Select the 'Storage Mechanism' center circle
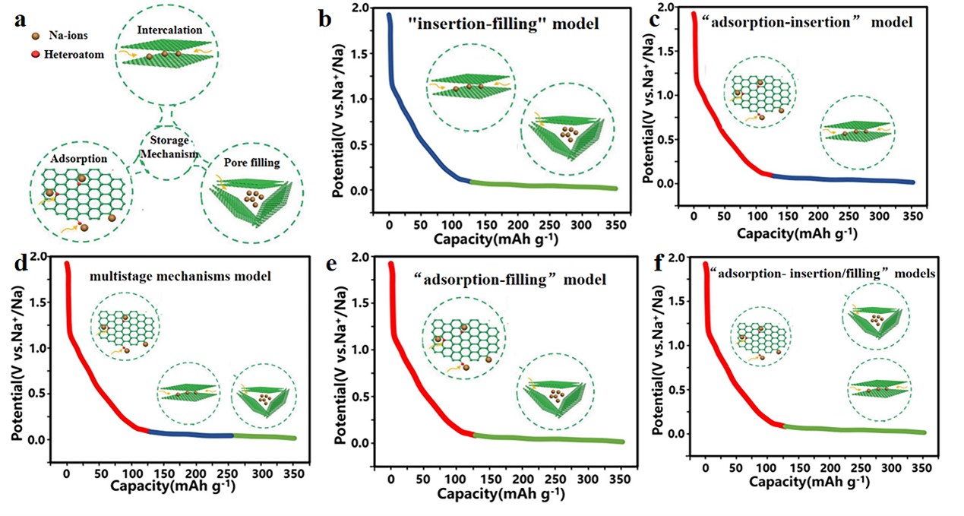168,148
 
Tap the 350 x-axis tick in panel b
611,204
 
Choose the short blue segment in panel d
190,435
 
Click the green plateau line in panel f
851,429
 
